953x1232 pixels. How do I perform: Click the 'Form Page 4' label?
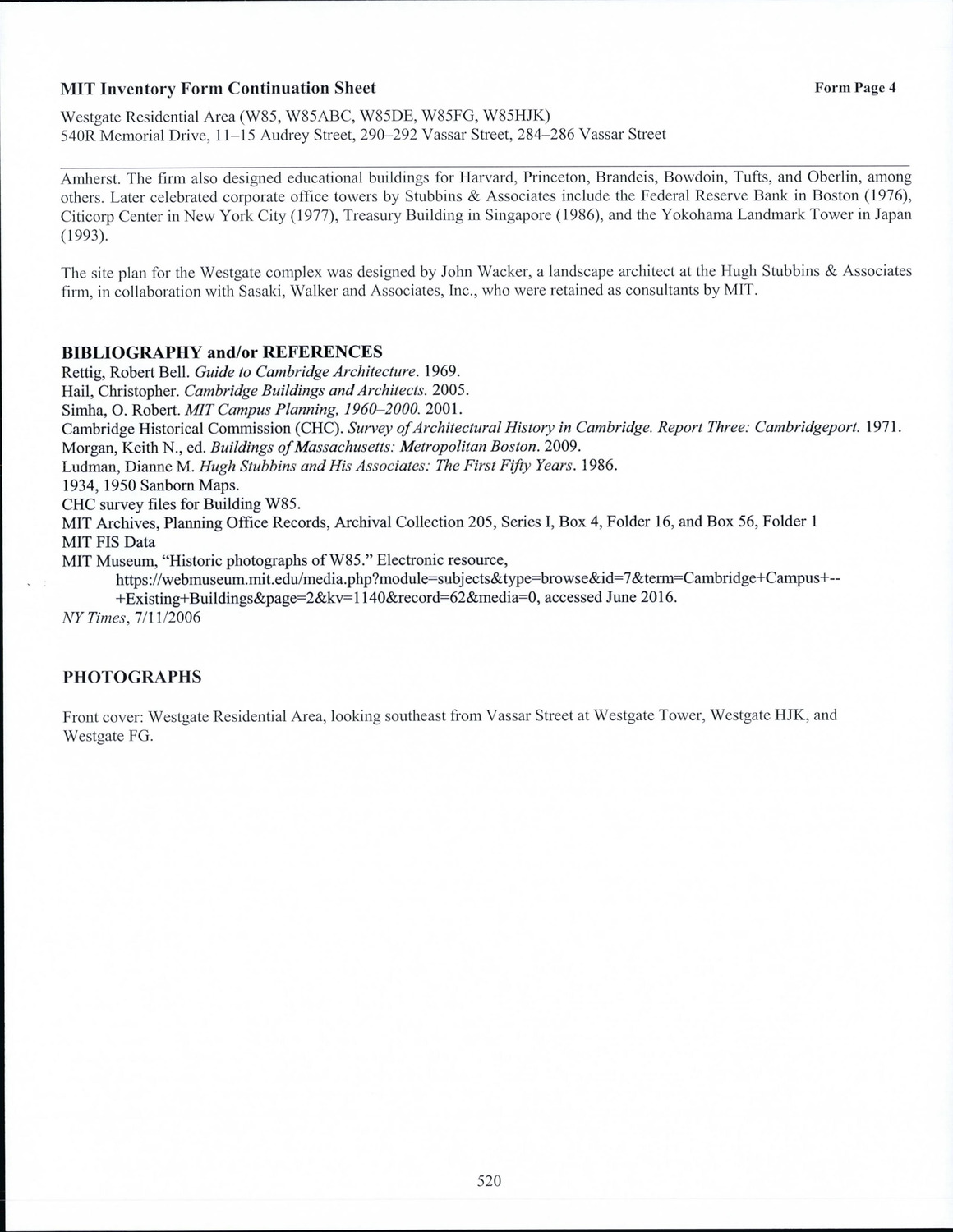(x=854, y=88)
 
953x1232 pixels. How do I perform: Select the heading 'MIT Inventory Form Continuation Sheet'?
(x=219, y=88)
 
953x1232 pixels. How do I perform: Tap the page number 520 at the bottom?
(x=489, y=1181)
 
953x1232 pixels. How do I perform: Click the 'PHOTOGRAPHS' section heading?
(x=132, y=677)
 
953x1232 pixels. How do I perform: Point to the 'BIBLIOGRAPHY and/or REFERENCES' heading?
(x=222, y=352)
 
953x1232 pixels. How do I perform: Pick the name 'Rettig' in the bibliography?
(x=81, y=371)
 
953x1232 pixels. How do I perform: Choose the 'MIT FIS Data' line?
(x=108, y=542)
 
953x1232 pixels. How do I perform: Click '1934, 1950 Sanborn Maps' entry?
(x=150, y=485)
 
